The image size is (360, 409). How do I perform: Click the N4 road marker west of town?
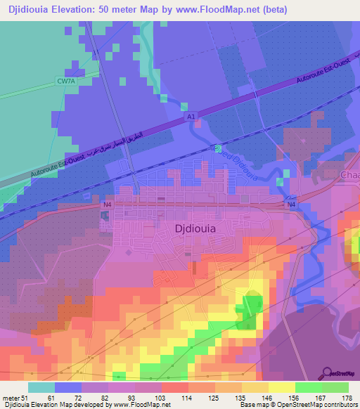pyautogui.click(x=107, y=204)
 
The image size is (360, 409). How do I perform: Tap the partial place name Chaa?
pyautogui.click(x=349, y=174)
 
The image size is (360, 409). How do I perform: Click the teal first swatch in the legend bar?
pyautogui.click(x=41, y=387)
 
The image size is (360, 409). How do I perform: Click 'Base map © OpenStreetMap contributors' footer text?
pyautogui.click(x=298, y=405)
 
